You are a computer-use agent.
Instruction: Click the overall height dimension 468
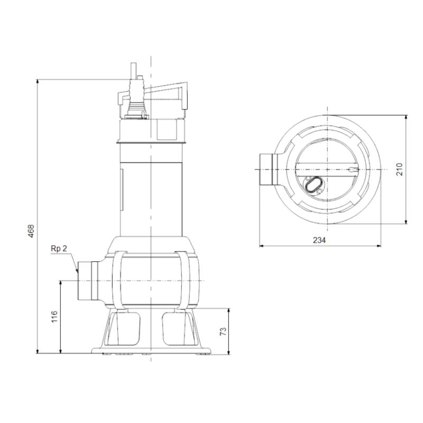click(x=31, y=231)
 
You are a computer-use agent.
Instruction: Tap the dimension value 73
click(x=223, y=331)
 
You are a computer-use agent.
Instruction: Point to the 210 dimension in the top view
click(x=400, y=169)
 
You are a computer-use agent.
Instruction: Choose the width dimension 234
click(x=319, y=240)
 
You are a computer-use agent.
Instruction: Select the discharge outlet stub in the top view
click(x=268, y=169)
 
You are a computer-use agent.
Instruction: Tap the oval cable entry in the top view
click(x=312, y=185)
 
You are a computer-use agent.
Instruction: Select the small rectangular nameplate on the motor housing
click(x=122, y=188)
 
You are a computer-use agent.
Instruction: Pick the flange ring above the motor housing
click(x=151, y=142)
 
